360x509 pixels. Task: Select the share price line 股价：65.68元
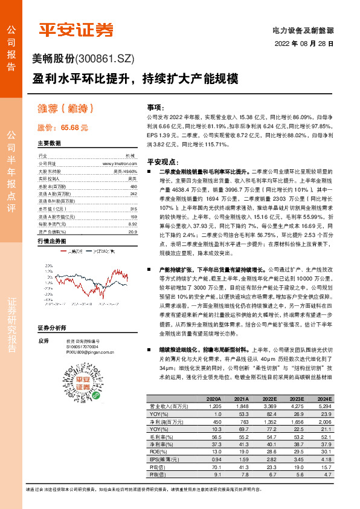point(63,128)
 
